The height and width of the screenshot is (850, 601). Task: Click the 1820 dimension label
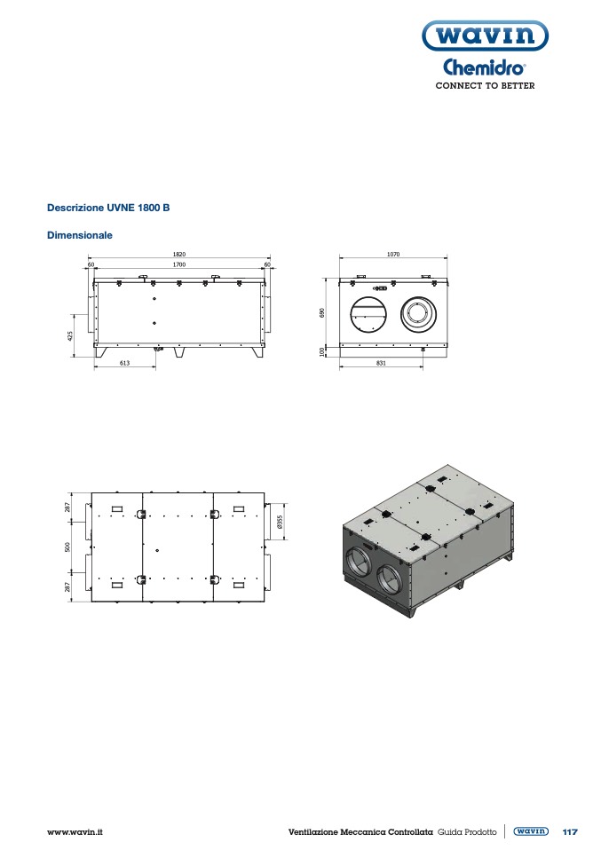179,255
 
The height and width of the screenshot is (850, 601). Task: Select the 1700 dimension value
179,264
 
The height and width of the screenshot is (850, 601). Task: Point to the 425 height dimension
70,336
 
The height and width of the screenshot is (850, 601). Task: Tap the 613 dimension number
125,363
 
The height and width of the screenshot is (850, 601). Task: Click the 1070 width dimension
393,255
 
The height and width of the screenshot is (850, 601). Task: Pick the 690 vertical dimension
322,313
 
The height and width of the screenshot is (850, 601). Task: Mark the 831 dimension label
381,363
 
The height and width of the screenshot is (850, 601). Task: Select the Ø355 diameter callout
280,522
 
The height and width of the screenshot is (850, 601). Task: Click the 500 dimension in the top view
67,547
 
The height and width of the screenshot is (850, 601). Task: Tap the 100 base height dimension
322,351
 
